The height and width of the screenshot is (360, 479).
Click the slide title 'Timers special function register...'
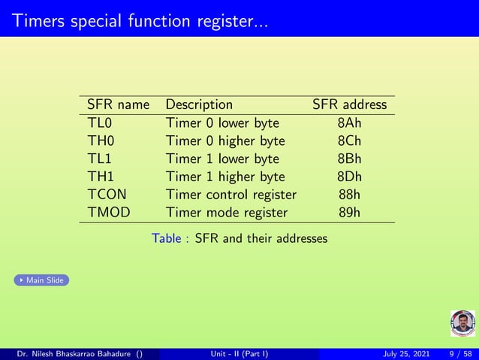tap(140, 20)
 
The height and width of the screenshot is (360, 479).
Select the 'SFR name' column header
tap(118, 104)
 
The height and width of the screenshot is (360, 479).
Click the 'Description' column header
tap(199, 104)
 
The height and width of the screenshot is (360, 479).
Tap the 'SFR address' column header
tap(349, 104)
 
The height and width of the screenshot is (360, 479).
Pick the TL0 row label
tap(100, 123)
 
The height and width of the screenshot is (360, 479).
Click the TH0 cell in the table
tap(101, 141)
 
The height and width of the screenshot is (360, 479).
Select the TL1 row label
tap(100, 159)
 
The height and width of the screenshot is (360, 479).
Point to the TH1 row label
tap(101, 177)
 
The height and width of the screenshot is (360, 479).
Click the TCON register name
tap(107, 195)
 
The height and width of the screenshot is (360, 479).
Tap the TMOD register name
tap(109, 213)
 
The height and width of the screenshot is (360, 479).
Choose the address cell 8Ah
tap(349, 123)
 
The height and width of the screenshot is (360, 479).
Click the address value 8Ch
tap(349, 141)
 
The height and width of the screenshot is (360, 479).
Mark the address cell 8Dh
tap(349, 177)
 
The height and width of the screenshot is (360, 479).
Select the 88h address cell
tap(349, 195)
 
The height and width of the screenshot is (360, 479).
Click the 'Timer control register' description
tap(230, 195)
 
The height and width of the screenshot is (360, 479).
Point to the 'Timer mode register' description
tap(226, 213)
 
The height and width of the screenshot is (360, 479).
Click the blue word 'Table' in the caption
tap(166, 239)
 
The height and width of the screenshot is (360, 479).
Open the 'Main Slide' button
tap(41, 280)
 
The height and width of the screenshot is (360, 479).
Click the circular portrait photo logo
tap(462, 323)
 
